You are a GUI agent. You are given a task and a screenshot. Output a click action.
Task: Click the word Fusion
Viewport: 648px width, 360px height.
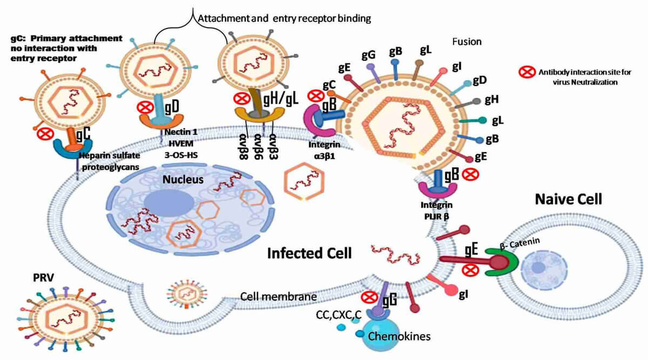[467, 41]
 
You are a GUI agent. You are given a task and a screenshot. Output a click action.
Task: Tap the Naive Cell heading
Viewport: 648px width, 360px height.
[568, 199]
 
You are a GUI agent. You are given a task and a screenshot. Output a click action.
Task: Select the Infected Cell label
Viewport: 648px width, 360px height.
[309, 252]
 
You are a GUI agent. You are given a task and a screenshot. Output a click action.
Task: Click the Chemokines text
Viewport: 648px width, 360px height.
[399, 336]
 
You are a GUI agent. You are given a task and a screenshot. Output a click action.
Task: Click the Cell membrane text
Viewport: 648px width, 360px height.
[270, 297]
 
